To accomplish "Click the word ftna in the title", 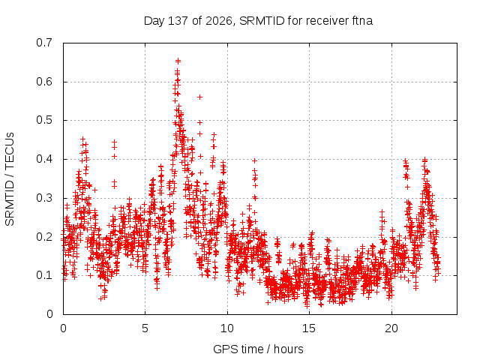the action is pyautogui.click(x=361, y=21).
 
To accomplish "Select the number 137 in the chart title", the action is pyautogui.click(x=178, y=21).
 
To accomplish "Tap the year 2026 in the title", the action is pyautogui.click(x=219, y=21).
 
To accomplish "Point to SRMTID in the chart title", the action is pyautogui.click(x=262, y=21).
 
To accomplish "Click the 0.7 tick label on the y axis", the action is pyautogui.click(x=44, y=43).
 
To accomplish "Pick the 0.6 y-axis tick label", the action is pyautogui.click(x=44, y=82).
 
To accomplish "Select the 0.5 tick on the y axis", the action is pyautogui.click(x=44, y=120).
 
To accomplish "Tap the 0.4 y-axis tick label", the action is pyautogui.click(x=44, y=159).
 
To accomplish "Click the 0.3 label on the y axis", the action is pyautogui.click(x=44, y=198).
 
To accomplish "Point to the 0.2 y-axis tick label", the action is pyautogui.click(x=44, y=237).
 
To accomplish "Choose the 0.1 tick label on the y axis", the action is pyautogui.click(x=44, y=275).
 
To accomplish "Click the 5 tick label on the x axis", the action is pyautogui.click(x=145, y=328).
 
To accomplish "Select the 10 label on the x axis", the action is pyautogui.click(x=227, y=328).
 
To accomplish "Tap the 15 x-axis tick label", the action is pyautogui.click(x=309, y=328).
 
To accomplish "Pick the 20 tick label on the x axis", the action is pyautogui.click(x=391, y=328).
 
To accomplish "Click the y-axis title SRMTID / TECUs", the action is pyautogui.click(x=10, y=179).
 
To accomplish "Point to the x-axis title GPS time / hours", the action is pyautogui.click(x=258, y=349).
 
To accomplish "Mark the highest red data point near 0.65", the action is pyautogui.click(x=178, y=61).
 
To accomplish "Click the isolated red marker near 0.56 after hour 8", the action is pyautogui.click(x=200, y=97).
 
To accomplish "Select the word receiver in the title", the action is pyautogui.click(x=327, y=21).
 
